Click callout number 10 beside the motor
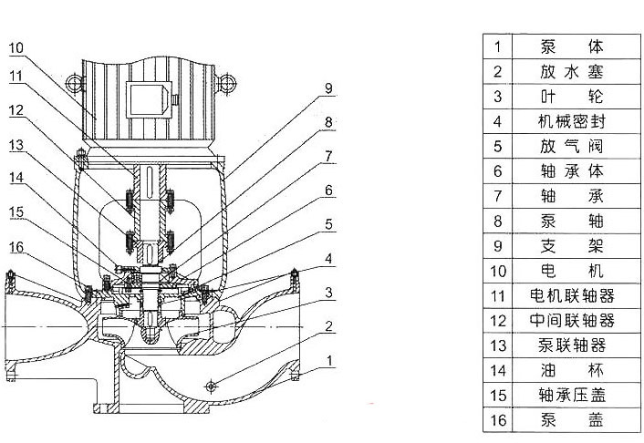click(16, 48)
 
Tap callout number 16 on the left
click(16, 247)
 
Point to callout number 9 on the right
click(328, 88)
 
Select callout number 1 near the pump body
click(329, 361)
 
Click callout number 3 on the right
click(328, 293)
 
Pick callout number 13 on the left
click(16, 145)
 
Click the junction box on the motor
click(149, 99)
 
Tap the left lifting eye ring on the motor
click(75, 83)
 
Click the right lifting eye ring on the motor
click(227, 83)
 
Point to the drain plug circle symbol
click(211, 386)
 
